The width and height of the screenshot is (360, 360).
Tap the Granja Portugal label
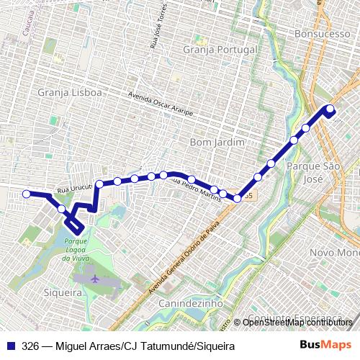(x=220, y=52)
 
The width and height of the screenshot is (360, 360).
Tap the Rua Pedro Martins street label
(x=195, y=186)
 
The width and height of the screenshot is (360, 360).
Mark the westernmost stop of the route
(x=27, y=194)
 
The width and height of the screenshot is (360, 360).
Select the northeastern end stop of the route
(x=330, y=109)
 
